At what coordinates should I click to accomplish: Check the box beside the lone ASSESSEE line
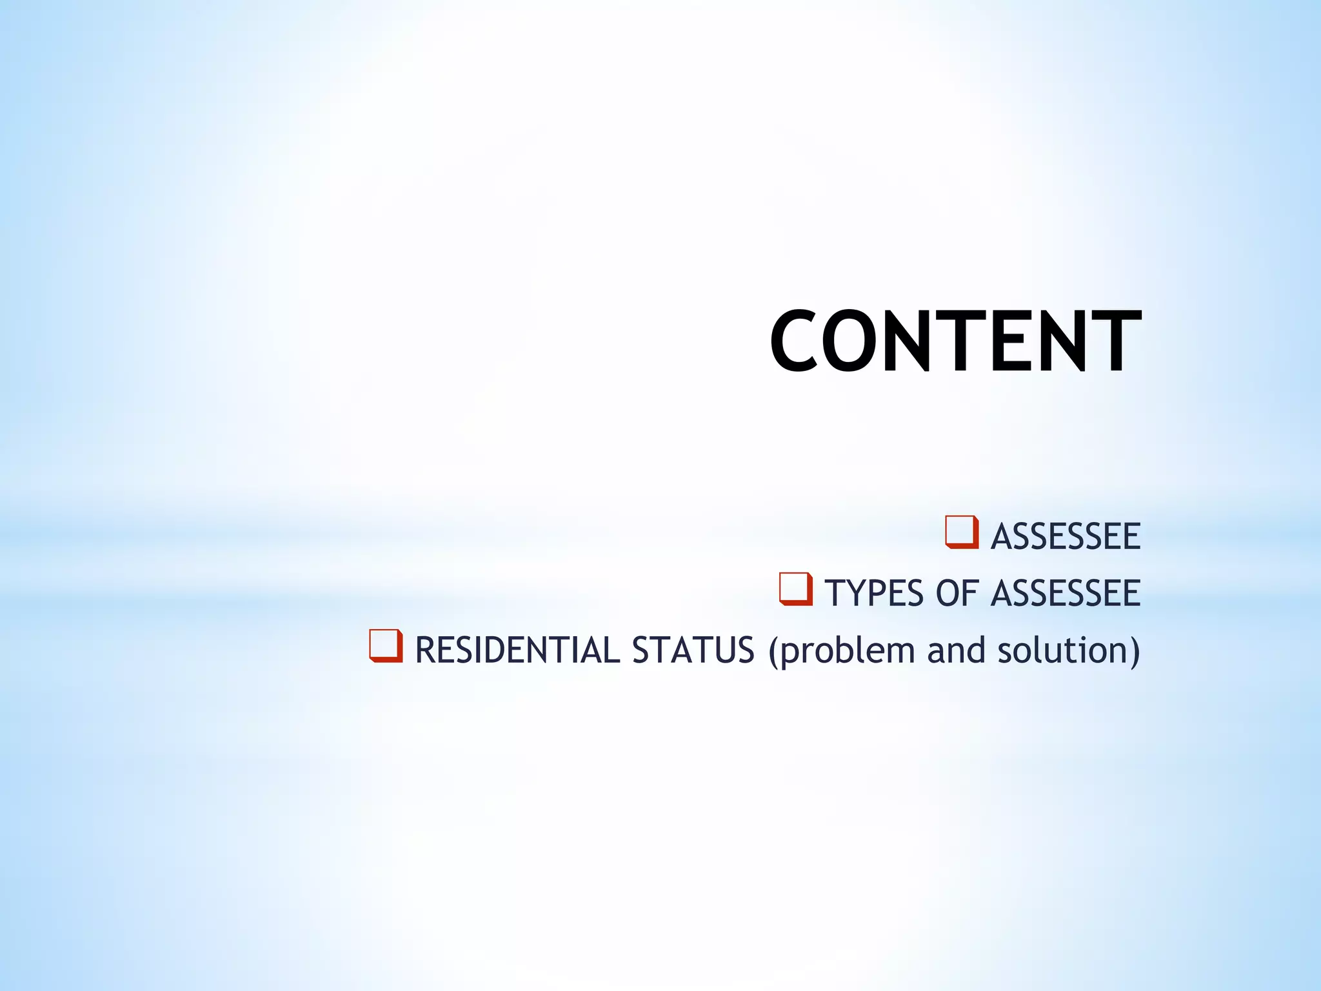[x=961, y=533]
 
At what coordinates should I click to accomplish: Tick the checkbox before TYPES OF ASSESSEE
[x=795, y=590]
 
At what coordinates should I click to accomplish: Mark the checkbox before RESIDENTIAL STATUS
[x=386, y=646]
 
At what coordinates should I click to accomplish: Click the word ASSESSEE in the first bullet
[x=1066, y=537]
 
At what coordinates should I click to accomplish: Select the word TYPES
[x=874, y=594]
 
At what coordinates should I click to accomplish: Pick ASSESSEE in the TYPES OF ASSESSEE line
[x=1066, y=594]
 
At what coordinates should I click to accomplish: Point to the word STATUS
[x=693, y=650]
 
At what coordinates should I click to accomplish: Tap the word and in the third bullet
[x=956, y=650]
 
